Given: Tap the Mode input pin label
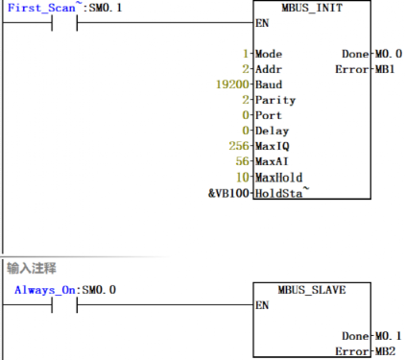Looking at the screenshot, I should coord(269,54).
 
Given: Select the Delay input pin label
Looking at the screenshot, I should coord(272,131).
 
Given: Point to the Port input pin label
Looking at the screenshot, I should coord(269,115).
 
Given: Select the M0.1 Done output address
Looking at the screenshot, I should coord(388,335).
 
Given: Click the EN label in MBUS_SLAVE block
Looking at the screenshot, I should coord(261,305).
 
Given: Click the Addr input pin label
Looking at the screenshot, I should coord(269,69).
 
